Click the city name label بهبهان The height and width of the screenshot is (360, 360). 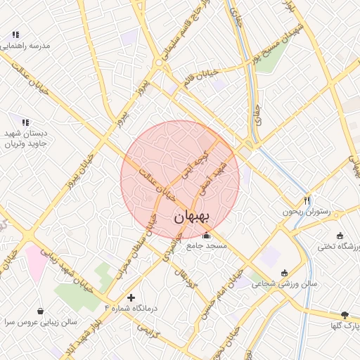pyautogui.click(x=191, y=217)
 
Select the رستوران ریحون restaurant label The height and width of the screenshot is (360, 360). pyautogui.click(x=306, y=211)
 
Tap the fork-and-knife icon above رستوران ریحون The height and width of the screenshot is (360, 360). pyautogui.click(x=307, y=200)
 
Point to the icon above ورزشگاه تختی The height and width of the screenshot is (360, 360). pyautogui.click(x=340, y=236)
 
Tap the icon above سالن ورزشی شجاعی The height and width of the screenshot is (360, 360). pyautogui.click(x=284, y=273)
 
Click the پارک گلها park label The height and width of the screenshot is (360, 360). pyautogui.click(x=345, y=326)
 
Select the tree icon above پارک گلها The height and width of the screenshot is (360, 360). pyautogui.click(x=344, y=315)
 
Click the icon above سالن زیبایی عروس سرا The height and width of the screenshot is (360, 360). pyautogui.click(x=40, y=310)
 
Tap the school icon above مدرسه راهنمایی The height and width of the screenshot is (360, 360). pyautogui.click(x=15, y=34)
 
